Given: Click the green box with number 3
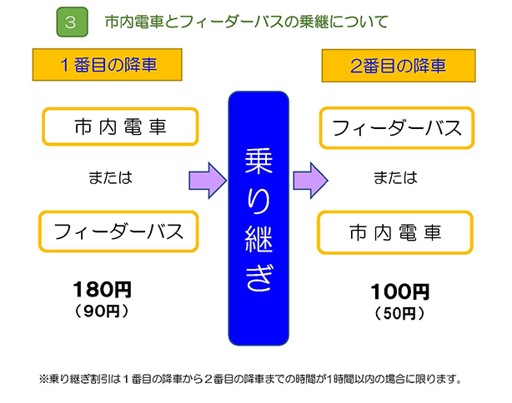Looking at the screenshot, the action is pyautogui.click(x=73, y=22).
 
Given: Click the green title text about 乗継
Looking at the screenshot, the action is pyautogui.click(x=247, y=22).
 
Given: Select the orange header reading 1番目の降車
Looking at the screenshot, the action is pyautogui.click(x=107, y=65).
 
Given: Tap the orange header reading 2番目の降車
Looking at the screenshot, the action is pyautogui.click(x=399, y=66).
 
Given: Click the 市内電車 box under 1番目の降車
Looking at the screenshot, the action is pyautogui.click(x=120, y=127).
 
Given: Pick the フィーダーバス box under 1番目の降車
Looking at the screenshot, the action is pyautogui.click(x=118, y=231).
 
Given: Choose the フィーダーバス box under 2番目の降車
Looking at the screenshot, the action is pyautogui.click(x=397, y=128).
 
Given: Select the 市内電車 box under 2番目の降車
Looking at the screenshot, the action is pyautogui.click(x=395, y=232).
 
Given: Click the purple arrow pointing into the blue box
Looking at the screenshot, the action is pyautogui.click(x=208, y=181).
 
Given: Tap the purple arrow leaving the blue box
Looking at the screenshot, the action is pyautogui.click(x=310, y=181).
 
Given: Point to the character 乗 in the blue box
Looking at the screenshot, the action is pyautogui.click(x=259, y=161).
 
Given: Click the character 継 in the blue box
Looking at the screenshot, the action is pyautogui.click(x=259, y=240).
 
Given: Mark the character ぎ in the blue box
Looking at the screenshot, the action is pyautogui.click(x=259, y=277).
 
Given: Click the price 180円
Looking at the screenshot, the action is pyautogui.click(x=103, y=289).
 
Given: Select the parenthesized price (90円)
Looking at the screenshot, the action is pyautogui.click(x=102, y=311).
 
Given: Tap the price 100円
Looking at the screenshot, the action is pyautogui.click(x=400, y=291).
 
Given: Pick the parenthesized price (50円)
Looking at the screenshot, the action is pyautogui.click(x=399, y=313).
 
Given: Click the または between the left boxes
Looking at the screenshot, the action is pyautogui.click(x=111, y=177).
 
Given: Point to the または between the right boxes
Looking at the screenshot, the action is pyautogui.click(x=395, y=177).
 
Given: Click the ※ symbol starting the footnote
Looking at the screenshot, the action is pyautogui.click(x=43, y=379).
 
